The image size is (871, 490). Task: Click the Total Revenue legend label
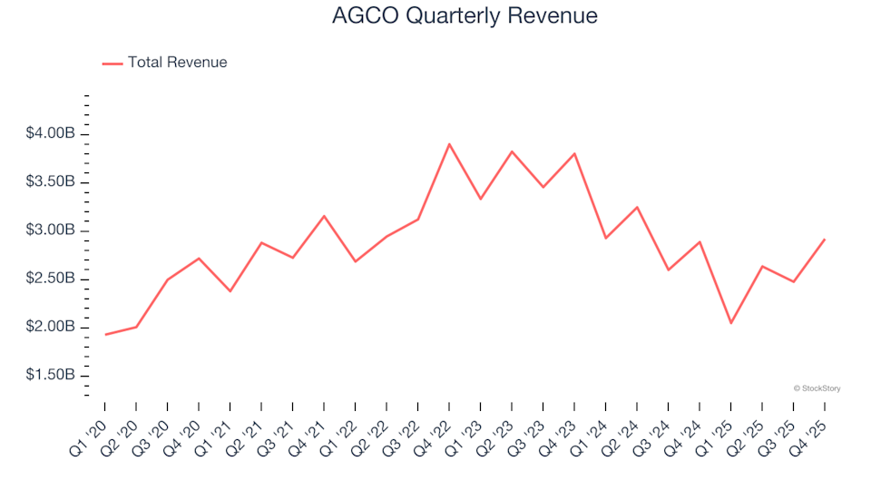point(177,63)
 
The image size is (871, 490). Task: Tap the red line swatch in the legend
point(113,64)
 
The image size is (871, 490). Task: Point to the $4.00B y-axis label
point(50,134)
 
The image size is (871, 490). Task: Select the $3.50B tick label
point(50,182)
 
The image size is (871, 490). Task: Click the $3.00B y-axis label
point(50,230)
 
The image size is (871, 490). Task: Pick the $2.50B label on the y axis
point(50,279)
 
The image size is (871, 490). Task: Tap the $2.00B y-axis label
point(50,327)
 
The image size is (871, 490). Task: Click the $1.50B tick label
point(50,375)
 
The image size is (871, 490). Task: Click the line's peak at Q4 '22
point(449,143)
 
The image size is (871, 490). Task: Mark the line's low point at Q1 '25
point(730,323)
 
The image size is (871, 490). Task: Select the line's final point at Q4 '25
point(825,239)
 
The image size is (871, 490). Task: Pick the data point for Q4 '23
point(574,153)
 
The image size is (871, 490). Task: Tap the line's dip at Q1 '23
point(480,199)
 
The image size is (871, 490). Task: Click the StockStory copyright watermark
point(817,388)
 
